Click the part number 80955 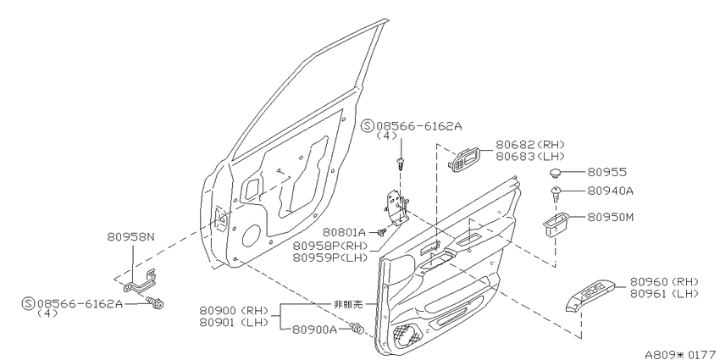tap(607, 172)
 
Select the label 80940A tap(610, 191)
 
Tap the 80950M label tap(611, 217)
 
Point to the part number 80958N tap(131, 237)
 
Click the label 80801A tap(343, 232)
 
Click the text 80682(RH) tap(530, 145)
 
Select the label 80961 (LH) tap(664, 293)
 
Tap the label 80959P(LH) tap(330, 258)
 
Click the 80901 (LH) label tap(234, 323)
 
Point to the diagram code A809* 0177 tap(682, 354)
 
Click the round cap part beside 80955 tap(557, 174)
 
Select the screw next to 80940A tap(557, 194)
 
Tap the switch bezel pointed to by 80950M tap(557, 224)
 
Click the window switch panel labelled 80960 tap(590, 296)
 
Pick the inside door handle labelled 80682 tap(466, 159)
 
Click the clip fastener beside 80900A tap(357, 329)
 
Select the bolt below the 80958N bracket tap(156, 302)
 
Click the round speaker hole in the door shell tap(251, 235)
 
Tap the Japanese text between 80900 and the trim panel tap(348, 304)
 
